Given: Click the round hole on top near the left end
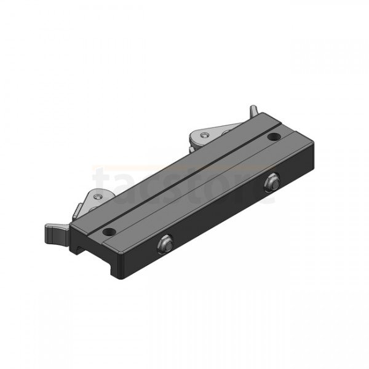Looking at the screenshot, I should [x=108, y=232].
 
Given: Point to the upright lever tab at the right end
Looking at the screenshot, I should [x=253, y=111].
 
